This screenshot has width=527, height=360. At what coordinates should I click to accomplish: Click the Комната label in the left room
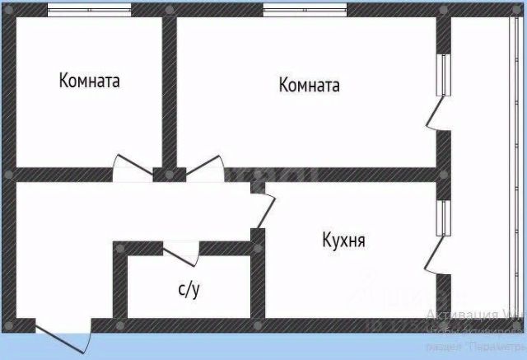90,82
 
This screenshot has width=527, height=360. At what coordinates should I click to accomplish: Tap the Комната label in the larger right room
310,85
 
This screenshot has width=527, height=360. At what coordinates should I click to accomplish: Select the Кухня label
343,241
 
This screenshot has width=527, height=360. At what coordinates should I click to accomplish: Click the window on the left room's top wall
89,11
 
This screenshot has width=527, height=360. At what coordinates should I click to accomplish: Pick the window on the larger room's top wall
305,11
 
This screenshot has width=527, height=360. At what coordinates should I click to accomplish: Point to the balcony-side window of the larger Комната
444,75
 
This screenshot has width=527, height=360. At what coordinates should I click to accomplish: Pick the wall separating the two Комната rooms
169,91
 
